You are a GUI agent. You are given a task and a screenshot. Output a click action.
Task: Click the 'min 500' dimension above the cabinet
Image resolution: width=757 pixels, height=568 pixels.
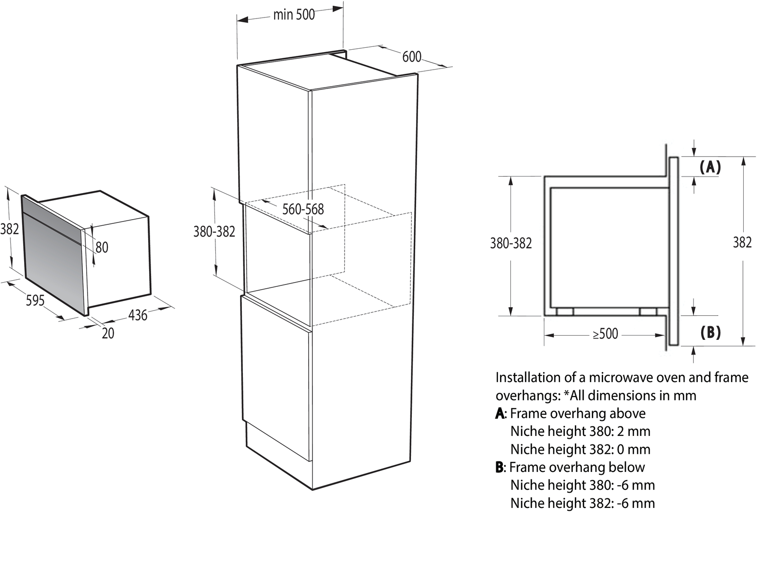[x=294, y=15]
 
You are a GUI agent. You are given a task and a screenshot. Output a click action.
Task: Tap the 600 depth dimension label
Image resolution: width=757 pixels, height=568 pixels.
[x=412, y=57]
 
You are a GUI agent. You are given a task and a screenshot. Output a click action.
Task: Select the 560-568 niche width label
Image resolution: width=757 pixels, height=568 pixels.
[x=303, y=209]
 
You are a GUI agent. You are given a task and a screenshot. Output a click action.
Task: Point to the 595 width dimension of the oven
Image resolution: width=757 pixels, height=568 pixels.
[x=35, y=301]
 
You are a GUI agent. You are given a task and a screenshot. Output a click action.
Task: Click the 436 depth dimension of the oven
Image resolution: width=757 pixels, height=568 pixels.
[x=138, y=315]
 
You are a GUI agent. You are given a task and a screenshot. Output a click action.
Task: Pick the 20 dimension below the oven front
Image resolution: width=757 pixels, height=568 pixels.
[x=108, y=333]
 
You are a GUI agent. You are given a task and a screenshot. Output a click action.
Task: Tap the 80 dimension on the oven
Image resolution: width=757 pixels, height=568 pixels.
[x=102, y=248]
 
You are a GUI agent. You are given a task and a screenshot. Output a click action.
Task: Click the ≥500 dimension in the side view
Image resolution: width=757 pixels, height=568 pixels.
[x=606, y=334]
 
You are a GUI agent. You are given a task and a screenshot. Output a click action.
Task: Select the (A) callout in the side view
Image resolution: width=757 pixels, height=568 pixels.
[x=711, y=167]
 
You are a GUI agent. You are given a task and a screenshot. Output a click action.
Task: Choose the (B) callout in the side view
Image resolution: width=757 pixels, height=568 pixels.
[x=711, y=333]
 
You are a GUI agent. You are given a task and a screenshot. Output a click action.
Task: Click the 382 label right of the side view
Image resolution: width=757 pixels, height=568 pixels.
[x=742, y=243]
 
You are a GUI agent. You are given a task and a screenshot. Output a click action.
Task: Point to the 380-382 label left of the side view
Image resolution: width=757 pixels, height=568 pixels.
[x=511, y=243]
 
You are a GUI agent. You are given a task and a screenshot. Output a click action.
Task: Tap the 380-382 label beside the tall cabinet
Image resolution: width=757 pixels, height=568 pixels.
[x=214, y=231]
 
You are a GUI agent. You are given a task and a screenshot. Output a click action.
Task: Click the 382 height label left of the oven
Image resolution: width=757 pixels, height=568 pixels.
[x=9, y=229]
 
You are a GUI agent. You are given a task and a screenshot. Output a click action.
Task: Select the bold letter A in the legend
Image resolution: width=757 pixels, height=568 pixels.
[x=500, y=414]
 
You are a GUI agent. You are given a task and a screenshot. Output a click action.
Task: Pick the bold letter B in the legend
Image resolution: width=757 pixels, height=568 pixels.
[x=499, y=467]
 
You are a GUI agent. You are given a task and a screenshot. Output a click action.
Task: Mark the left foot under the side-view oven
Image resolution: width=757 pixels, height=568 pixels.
[x=565, y=311]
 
